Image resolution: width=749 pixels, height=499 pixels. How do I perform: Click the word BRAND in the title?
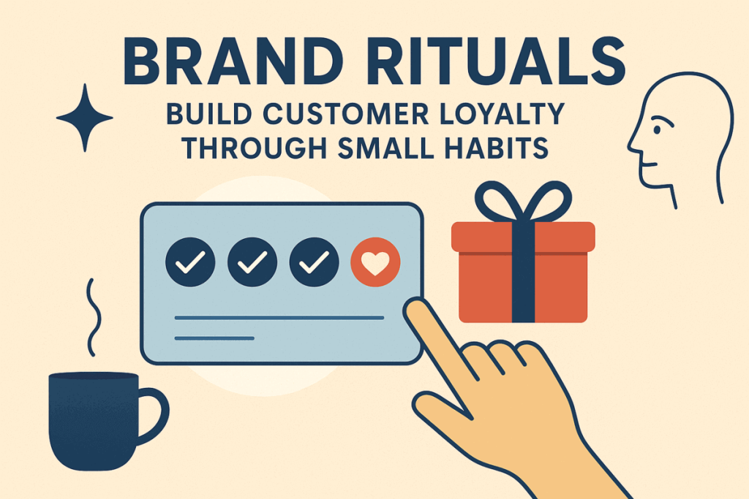click(233, 61)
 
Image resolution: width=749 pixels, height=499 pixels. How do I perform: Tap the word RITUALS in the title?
click(497, 61)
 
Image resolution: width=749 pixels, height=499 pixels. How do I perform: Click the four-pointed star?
click(85, 118)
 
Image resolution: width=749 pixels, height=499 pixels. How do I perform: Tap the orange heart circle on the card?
click(375, 262)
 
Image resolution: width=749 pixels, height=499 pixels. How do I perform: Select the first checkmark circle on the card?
click(190, 262)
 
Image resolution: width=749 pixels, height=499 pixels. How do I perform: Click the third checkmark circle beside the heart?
click(314, 262)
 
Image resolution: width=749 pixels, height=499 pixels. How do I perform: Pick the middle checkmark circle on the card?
click(252, 262)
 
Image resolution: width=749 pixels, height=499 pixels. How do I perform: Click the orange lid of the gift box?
click(523, 237)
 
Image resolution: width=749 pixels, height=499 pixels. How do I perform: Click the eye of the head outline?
click(658, 130)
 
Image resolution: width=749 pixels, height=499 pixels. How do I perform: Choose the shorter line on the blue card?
click(214, 338)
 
